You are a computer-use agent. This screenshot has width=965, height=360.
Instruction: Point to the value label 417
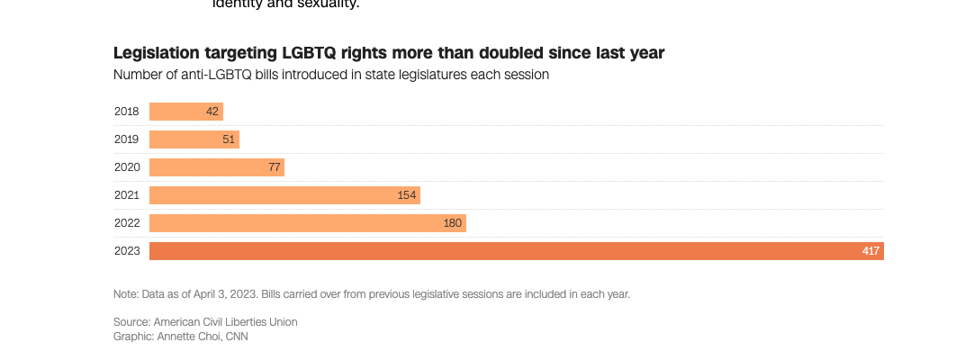[870, 251]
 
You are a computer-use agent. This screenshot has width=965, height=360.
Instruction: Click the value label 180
[452, 223]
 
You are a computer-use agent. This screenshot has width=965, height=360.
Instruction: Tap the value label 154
[407, 195]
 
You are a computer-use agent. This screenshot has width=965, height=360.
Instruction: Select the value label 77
[275, 167]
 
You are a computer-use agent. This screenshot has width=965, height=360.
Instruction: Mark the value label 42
[212, 112]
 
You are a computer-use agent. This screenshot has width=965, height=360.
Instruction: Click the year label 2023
[127, 251]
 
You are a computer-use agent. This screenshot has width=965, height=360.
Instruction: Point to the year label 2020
[127, 167]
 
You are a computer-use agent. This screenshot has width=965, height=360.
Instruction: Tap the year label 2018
[127, 112]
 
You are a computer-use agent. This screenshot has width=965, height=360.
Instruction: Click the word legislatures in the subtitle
[405, 75]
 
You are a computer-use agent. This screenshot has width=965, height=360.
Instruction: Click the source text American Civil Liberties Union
[225, 321]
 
